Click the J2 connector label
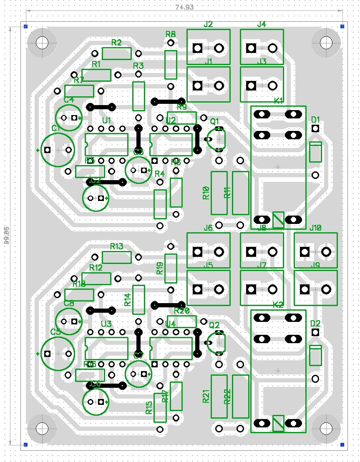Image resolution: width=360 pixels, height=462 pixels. coord(208,24)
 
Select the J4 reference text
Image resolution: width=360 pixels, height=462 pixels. coord(262,24)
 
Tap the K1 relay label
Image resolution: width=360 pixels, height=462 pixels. coord(279,100)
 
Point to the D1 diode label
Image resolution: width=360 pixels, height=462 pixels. coord(315,120)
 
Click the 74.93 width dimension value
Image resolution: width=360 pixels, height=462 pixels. coord(184,7)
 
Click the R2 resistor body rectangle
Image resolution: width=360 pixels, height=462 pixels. coord(117,53)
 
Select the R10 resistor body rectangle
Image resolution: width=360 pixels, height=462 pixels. coord(219,193)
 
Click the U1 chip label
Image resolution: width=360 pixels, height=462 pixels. coord(106,121)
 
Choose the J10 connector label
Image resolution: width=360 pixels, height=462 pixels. coord(315,228)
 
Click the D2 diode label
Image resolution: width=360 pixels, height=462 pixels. coord(315,324)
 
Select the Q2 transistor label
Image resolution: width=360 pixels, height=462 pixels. coord(214,325)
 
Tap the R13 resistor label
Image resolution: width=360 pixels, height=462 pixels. coord(117,246)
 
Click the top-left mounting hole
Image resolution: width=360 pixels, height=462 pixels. coord(42,42)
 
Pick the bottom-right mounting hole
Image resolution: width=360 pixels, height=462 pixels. coord(326,428)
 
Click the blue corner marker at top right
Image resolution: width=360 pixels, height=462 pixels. coord(342,26)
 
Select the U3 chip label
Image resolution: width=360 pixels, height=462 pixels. coord(106,324)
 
